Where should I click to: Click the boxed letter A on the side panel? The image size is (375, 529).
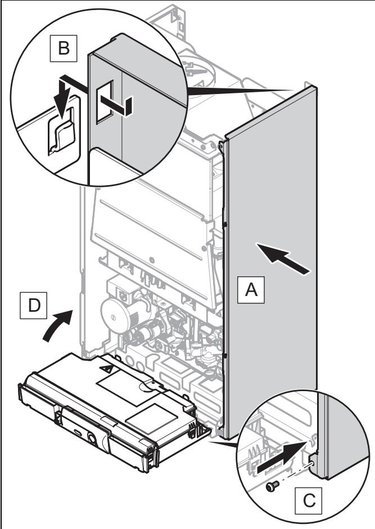point(251,289)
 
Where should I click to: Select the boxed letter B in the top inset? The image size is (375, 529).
point(64,48)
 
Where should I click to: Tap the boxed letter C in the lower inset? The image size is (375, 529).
point(308,500)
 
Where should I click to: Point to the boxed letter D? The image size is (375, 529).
point(33,306)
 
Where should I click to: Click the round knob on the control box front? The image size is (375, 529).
point(92,438)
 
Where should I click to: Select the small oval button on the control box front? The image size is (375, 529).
point(78,432)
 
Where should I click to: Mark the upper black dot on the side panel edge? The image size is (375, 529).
point(225,223)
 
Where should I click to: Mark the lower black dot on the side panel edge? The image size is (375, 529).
point(224,356)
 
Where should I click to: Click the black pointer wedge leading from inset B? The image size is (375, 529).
point(238,91)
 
